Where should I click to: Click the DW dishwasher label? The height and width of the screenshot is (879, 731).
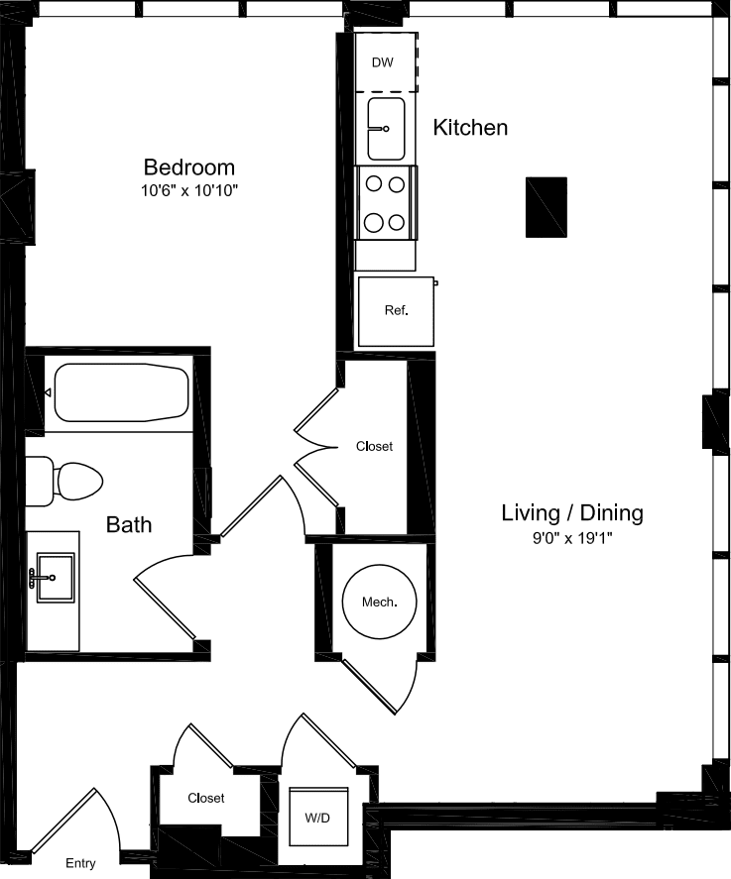click(x=382, y=62)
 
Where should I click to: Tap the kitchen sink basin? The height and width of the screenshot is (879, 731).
click(x=386, y=129)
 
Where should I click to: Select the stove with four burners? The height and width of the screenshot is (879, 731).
click(x=386, y=203)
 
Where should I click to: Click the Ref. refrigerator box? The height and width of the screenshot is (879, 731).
click(x=396, y=311)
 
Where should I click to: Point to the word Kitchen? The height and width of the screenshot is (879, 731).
click(x=470, y=128)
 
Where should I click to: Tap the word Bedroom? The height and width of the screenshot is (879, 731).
click(x=188, y=166)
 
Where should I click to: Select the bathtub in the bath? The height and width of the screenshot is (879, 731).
click(x=120, y=392)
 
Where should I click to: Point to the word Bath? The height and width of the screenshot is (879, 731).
click(x=129, y=524)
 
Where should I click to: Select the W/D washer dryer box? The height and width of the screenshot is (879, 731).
click(x=318, y=819)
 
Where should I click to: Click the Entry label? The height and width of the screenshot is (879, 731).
click(x=80, y=863)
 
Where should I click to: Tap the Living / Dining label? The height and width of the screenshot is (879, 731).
click(x=572, y=513)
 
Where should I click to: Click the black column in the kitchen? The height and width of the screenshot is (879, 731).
click(x=546, y=207)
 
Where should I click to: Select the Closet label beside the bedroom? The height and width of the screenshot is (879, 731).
click(x=374, y=446)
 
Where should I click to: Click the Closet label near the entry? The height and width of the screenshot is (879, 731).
click(x=206, y=798)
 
